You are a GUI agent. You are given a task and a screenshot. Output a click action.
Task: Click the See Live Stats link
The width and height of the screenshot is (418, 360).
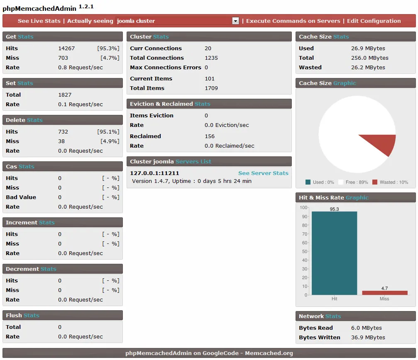pos(39,21)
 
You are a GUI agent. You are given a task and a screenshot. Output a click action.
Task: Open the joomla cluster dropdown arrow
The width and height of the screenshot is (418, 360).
pos(235,21)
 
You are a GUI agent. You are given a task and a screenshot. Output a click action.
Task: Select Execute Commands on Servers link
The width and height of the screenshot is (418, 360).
pos(293,21)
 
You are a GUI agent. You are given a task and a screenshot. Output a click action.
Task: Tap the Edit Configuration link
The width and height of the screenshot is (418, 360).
pos(374,21)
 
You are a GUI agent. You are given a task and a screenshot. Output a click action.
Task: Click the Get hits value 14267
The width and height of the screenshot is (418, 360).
pos(66,49)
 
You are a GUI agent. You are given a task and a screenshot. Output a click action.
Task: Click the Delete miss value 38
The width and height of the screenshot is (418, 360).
pos(61,141)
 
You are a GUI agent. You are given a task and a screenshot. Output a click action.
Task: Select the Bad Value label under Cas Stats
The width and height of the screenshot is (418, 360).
pos(21,197)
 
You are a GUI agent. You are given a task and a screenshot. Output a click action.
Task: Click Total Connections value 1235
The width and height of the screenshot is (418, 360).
pos(211,58)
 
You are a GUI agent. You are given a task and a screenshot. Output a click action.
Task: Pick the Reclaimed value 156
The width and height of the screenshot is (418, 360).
pos(210,136)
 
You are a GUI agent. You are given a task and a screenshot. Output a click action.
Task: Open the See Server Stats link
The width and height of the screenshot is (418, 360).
pos(263,173)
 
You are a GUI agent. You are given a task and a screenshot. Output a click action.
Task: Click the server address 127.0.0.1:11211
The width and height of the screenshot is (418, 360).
pos(154,173)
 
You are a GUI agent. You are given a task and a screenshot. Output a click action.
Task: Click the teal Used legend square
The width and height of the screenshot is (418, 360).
pos(308,182)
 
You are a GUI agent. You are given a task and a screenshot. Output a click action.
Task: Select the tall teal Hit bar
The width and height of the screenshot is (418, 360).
pos(334,253)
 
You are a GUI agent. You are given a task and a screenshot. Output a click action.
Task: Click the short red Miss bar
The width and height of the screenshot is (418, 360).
pos(384,293)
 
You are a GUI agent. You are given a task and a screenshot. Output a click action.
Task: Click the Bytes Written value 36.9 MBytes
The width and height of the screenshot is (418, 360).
pos(368,338)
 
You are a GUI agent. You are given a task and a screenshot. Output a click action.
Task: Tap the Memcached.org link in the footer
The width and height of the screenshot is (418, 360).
pos(269,353)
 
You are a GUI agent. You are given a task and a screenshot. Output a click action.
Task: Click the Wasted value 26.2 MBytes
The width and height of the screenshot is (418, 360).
pos(368,68)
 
